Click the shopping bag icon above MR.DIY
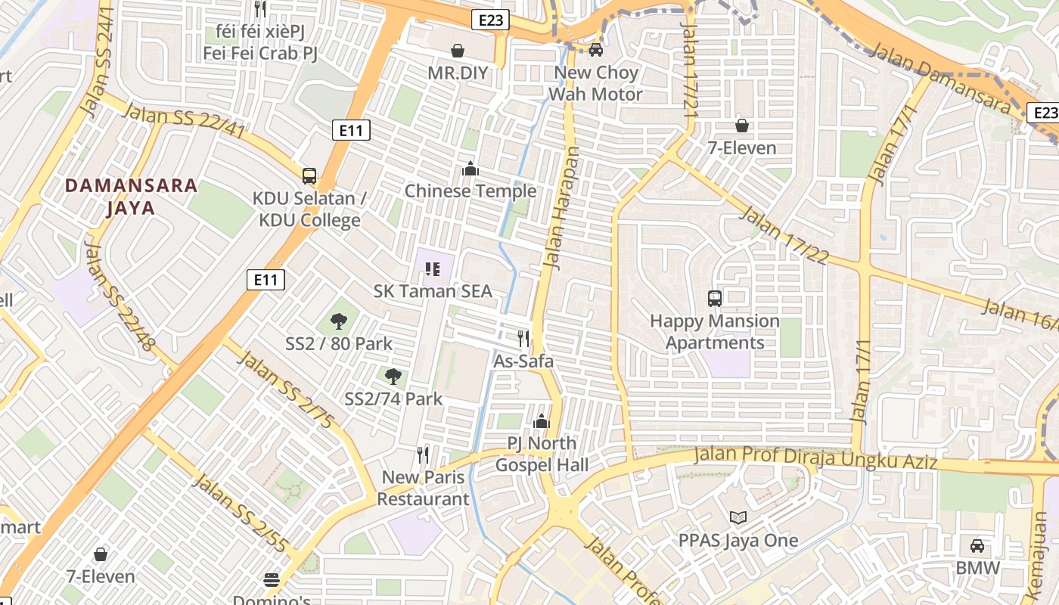pyautogui.click(x=458, y=51)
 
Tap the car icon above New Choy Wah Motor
pyautogui.click(x=596, y=50)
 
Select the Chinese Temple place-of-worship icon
pyautogui.click(x=470, y=169)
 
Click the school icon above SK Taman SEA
pyautogui.click(x=433, y=268)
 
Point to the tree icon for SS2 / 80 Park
pyautogui.click(x=339, y=321)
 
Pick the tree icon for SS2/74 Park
pyautogui.click(x=393, y=376)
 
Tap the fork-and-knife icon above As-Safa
pyautogui.click(x=523, y=338)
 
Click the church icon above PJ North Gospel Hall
pyautogui.click(x=542, y=421)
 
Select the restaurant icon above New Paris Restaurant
pyautogui.click(x=423, y=455)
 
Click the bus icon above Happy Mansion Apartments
pyautogui.click(x=715, y=299)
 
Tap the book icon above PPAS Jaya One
pyautogui.click(x=738, y=518)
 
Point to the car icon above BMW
pyautogui.click(x=977, y=546)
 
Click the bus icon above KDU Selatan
pyautogui.click(x=309, y=176)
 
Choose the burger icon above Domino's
pyautogui.click(x=272, y=580)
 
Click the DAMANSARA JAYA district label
pyautogui.click(x=132, y=197)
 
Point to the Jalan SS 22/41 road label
pyautogui.click(x=183, y=122)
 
